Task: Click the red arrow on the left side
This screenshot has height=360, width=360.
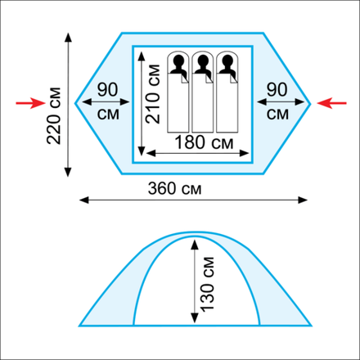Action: (x=30, y=103)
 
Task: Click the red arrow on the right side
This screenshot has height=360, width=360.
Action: (x=331, y=103)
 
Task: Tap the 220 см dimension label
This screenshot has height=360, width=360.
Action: (x=54, y=115)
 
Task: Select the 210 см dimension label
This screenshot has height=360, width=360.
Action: (x=153, y=94)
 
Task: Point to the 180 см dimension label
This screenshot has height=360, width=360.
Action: (x=204, y=142)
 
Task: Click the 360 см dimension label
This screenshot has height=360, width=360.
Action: (x=174, y=188)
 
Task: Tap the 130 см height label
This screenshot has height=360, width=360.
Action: (x=207, y=284)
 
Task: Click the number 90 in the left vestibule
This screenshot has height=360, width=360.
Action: (x=108, y=89)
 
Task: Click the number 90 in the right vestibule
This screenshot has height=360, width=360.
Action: (x=277, y=89)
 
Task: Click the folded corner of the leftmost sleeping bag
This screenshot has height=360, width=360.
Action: (x=185, y=79)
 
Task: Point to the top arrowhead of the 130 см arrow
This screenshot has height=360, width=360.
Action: (x=195, y=245)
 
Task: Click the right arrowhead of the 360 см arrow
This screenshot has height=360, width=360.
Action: (x=303, y=200)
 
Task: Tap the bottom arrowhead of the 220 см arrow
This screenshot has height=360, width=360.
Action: (x=68, y=173)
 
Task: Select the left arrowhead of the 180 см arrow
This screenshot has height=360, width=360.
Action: (x=151, y=153)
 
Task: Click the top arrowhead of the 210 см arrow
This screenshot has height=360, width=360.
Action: (x=142, y=56)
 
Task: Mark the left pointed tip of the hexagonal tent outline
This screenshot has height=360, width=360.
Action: (x=75, y=103)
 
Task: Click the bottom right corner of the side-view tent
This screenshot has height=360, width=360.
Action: (x=311, y=326)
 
